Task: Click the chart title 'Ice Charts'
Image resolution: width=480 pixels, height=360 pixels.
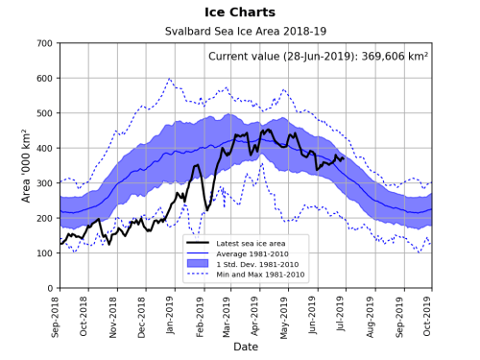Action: (240, 12)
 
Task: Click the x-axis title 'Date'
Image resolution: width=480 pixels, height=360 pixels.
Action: (246, 346)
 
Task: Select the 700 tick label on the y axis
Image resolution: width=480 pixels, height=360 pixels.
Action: (42, 44)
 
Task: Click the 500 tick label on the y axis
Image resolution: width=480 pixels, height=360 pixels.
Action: (42, 113)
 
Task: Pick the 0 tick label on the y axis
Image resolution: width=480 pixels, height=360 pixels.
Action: (49, 288)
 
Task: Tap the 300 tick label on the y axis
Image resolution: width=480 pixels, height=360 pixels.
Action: (42, 183)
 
